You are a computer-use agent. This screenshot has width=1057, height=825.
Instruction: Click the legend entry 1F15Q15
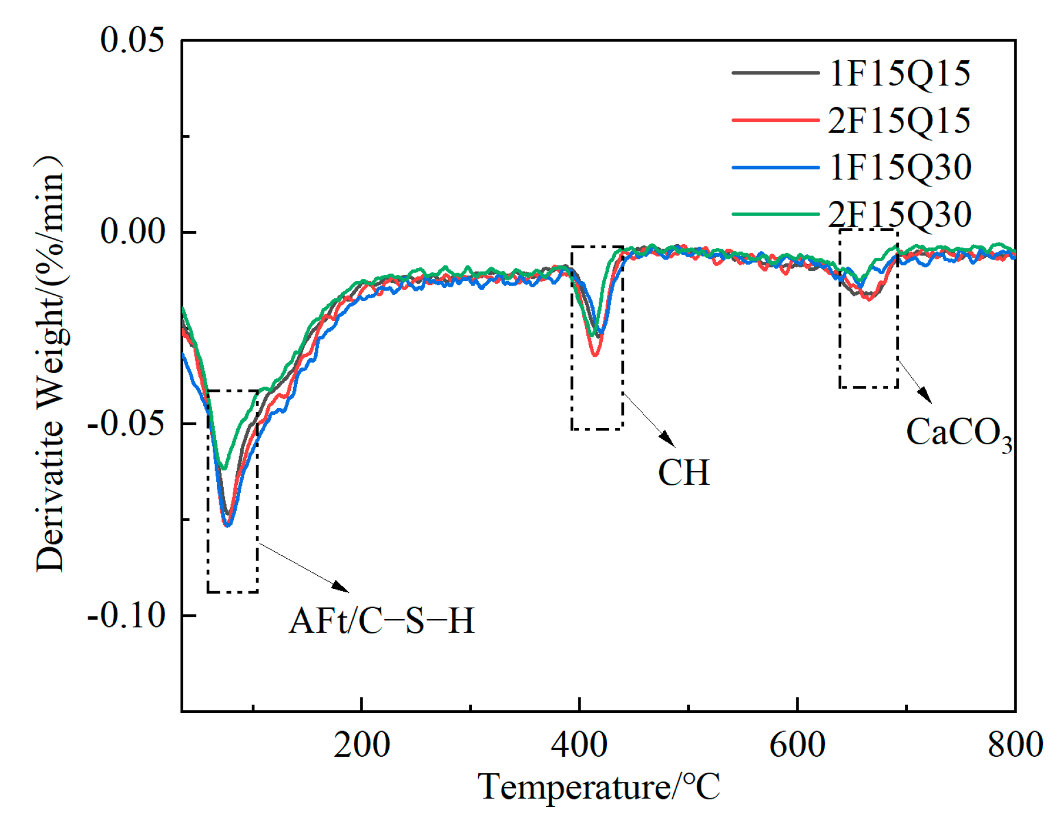[x=899, y=73]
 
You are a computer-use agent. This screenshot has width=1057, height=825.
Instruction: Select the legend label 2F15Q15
[x=899, y=121]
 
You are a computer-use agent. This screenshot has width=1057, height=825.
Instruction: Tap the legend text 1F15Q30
[x=899, y=167]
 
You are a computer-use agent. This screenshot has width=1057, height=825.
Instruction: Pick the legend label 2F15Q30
[x=899, y=214]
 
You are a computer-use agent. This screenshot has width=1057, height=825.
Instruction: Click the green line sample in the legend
[x=775, y=214]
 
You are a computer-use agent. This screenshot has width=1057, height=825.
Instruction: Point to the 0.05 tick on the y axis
[x=132, y=40]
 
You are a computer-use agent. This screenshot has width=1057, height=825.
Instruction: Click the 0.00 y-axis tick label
[x=132, y=232]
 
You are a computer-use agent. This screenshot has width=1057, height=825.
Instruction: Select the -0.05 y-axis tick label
[x=126, y=424]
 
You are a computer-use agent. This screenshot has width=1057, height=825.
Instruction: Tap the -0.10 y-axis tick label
[x=126, y=615]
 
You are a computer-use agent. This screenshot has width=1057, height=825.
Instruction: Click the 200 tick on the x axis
[x=361, y=745]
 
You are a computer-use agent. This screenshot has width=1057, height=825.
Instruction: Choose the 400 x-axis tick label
[x=579, y=745]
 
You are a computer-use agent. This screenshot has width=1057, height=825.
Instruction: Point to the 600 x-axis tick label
[x=797, y=745]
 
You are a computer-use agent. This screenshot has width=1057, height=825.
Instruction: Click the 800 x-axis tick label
[x=1015, y=745]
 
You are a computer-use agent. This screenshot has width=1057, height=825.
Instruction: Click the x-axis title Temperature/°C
[x=598, y=787]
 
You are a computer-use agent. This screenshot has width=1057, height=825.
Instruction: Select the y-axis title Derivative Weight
[x=50, y=364]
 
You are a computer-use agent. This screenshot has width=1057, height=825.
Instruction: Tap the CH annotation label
[x=684, y=473]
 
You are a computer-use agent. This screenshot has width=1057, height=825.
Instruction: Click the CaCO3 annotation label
[x=959, y=433]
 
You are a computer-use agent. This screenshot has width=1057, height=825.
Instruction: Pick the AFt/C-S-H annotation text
[x=381, y=621]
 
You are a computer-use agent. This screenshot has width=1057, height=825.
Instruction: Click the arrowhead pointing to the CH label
[x=668, y=439]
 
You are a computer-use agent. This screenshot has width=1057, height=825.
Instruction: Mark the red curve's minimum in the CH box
[x=594, y=355]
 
